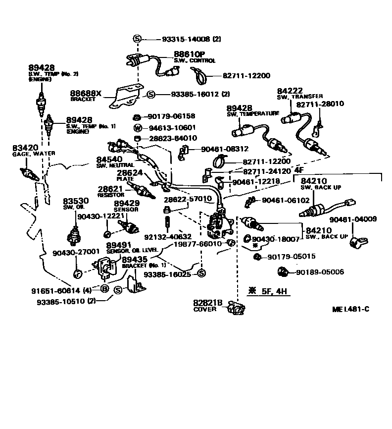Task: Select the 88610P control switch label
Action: tap(189, 54)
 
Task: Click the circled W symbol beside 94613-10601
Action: tap(138, 127)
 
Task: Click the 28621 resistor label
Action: tap(110, 189)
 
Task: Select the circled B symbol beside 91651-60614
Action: tap(104, 289)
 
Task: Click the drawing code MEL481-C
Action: tap(351, 310)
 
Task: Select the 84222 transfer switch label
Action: tap(290, 91)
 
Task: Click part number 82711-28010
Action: tap(320, 104)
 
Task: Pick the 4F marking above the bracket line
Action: tap(299, 169)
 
